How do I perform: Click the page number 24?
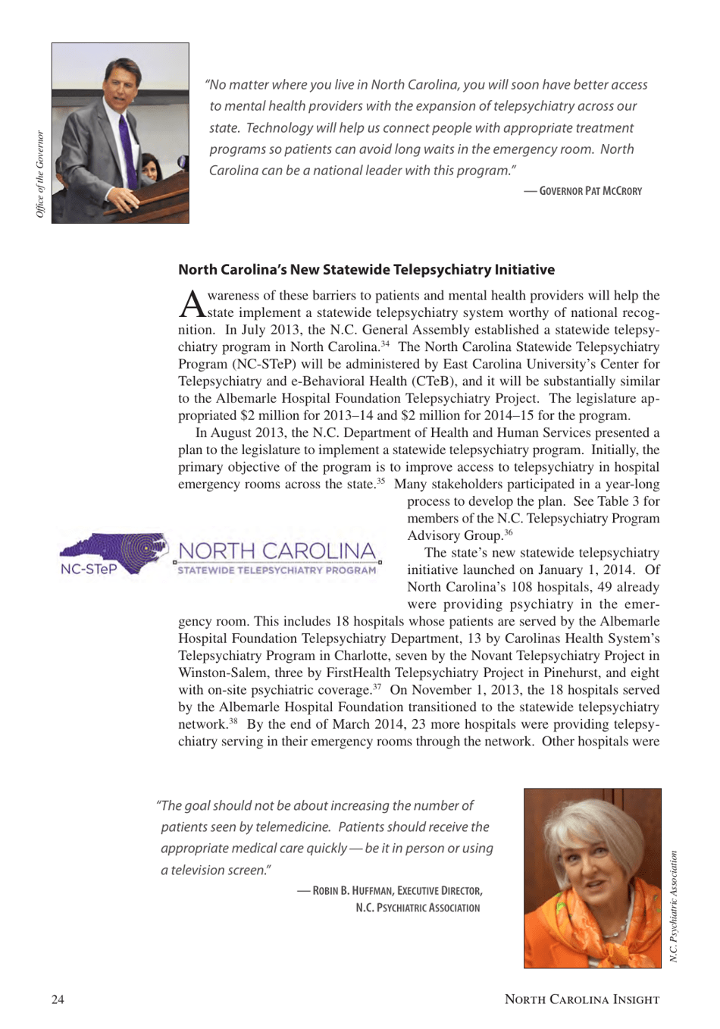click(x=58, y=999)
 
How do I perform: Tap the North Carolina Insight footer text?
click(x=581, y=999)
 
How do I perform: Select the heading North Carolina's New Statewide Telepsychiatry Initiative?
click(x=366, y=270)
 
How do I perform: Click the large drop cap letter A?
click(x=192, y=304)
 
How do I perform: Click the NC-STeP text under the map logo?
click(x=89, y=569)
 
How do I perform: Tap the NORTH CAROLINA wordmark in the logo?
click(x=277, y=551)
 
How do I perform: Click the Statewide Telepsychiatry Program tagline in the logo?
click(x=277, y=570)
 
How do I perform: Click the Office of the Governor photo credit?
click(x=40, y=174)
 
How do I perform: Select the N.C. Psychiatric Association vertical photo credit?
click(x=673, y=906)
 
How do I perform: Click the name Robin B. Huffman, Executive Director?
click(x=397, y=890)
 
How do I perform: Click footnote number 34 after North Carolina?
click(x=385, y=344)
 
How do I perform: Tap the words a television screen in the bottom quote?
click(x=216, y=870)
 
